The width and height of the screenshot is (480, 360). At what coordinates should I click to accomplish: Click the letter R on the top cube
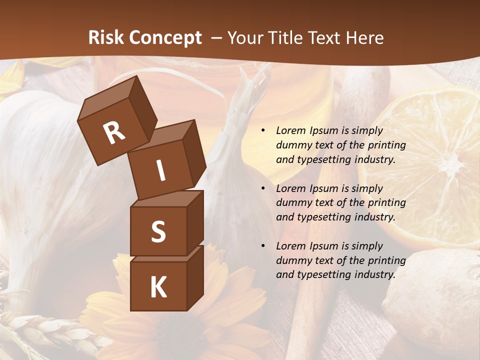[x=114, y=132]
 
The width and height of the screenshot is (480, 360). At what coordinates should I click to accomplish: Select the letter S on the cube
[x=158, y=231]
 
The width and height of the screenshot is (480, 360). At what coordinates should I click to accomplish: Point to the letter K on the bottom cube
[x=158, y=287]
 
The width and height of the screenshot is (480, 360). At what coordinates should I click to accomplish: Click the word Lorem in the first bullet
[x=290, y=131]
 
